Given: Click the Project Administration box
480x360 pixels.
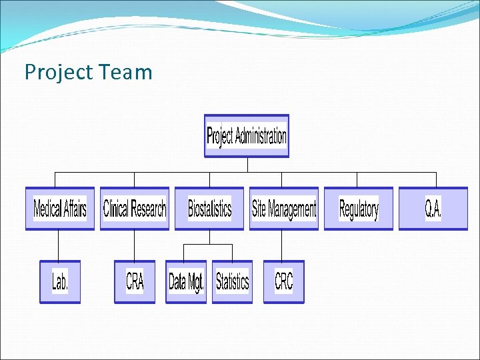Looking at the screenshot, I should point(247,136).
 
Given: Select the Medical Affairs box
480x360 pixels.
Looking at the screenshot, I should point(60,209).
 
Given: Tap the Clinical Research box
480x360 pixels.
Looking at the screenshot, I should point(135,209).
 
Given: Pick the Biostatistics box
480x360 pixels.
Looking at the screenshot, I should point(209,209).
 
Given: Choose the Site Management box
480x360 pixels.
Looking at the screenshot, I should point(284,209).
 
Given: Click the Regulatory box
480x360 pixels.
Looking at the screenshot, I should point(359,209).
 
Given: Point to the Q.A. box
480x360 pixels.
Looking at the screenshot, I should point(433,209).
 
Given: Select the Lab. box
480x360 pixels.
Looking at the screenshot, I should point(60,281).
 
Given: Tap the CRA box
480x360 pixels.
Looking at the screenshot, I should point(135,281).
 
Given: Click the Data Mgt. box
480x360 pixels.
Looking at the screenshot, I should point(186,281).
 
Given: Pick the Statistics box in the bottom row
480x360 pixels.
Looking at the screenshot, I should point(232,281).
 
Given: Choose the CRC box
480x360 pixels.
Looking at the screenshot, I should point(283,281).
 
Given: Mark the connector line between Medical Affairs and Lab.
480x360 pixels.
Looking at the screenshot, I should point(59,245).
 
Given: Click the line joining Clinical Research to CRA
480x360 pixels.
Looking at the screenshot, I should point(135,245).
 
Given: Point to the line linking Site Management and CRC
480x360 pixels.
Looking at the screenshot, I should point(281,245).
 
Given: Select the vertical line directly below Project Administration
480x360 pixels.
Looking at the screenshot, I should point(247,165).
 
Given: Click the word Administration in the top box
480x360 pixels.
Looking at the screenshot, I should point(261,136).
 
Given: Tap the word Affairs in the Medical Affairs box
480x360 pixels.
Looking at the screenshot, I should point(74,209).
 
